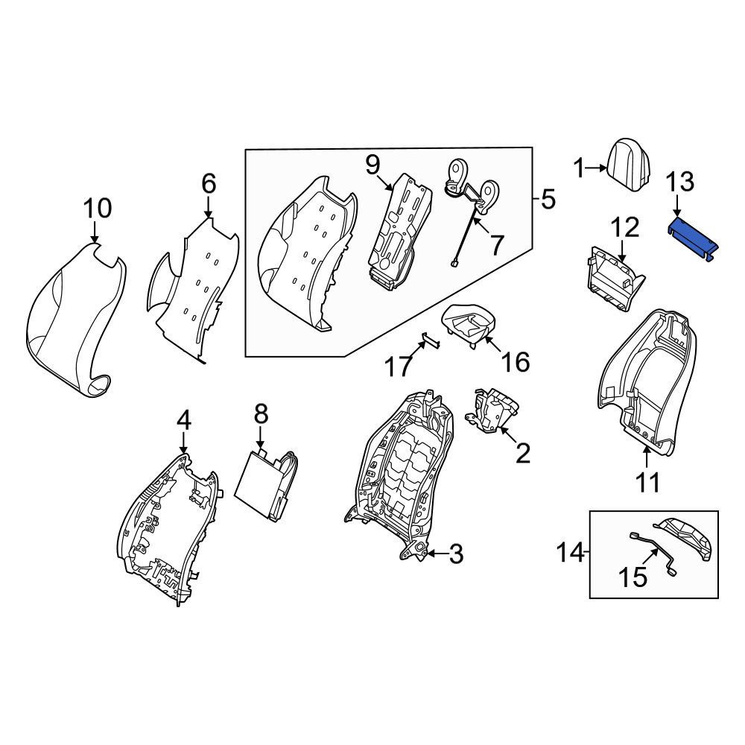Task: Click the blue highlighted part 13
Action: (693, 238)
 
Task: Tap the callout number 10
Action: (98, 208)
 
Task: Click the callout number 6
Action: (209, 183)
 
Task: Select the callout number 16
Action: (516, 362)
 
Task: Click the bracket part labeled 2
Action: (492, 410)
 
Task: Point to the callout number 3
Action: (456, 554)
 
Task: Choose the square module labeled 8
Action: (266, 485)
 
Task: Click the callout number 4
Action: (184, 420)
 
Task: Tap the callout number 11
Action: (647, 483)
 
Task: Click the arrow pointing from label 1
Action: (595, 168)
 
